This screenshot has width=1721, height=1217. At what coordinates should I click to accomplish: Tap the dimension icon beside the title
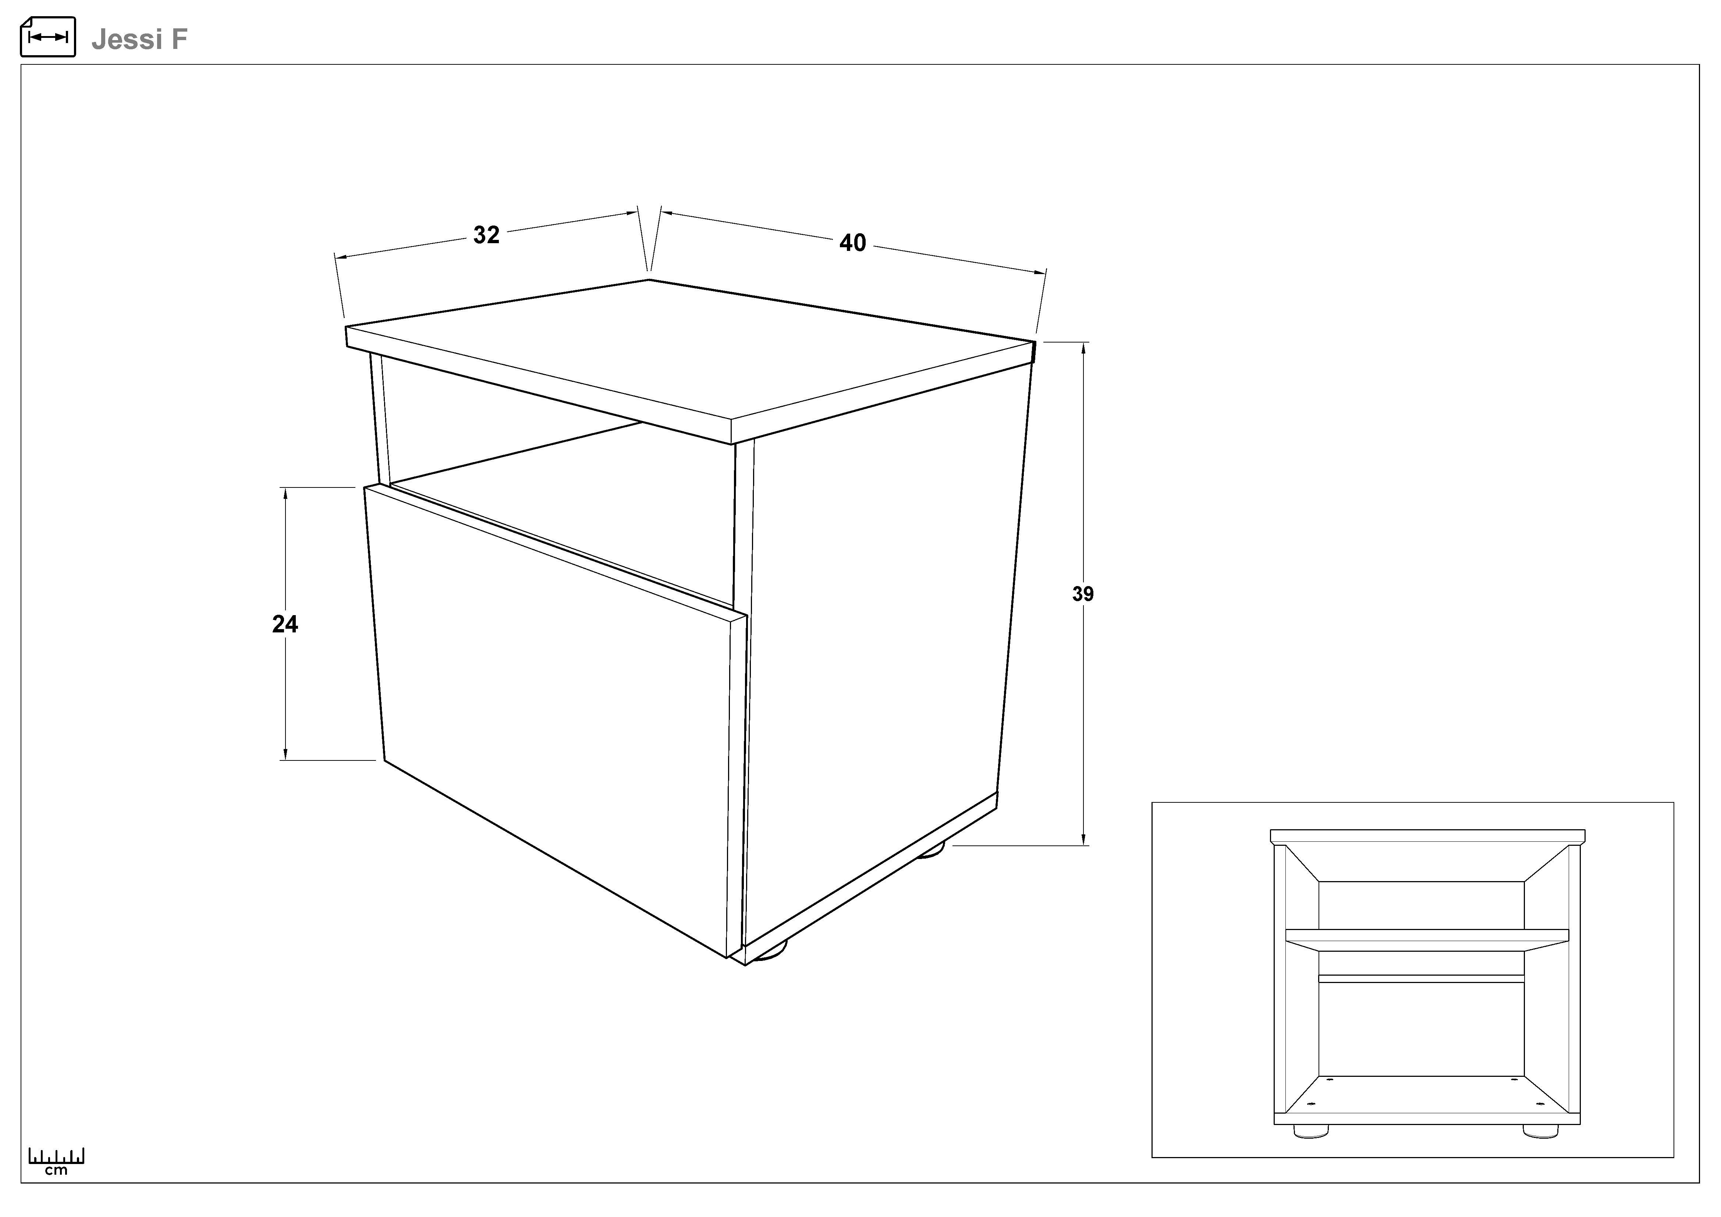48,37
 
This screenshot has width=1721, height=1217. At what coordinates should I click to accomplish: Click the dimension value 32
486,235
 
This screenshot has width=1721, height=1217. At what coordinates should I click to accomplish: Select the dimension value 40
853,243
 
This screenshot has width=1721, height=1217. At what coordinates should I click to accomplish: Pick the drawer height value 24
285,624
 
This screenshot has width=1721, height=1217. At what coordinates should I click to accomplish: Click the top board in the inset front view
1427,835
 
